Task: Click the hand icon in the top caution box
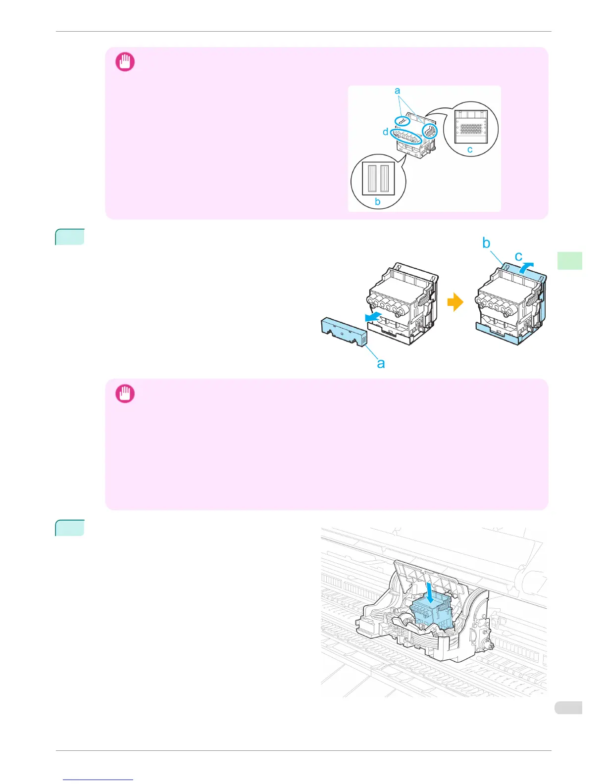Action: (125, 62)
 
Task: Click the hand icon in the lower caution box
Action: (125, 394)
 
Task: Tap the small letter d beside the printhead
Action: (385, 132)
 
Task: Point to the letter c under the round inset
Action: (470, 149)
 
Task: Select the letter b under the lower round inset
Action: (378, 202)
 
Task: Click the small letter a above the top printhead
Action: (397, 91)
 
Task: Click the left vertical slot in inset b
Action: (373, 178)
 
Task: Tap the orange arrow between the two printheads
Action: (455, 303)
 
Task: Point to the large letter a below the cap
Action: (381, 363)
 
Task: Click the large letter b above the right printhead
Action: (486, 244)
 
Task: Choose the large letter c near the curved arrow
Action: (519, 256)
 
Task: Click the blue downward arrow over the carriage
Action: (430, 593)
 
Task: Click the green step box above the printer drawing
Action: (70, 528)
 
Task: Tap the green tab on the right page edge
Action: (569, 260)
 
